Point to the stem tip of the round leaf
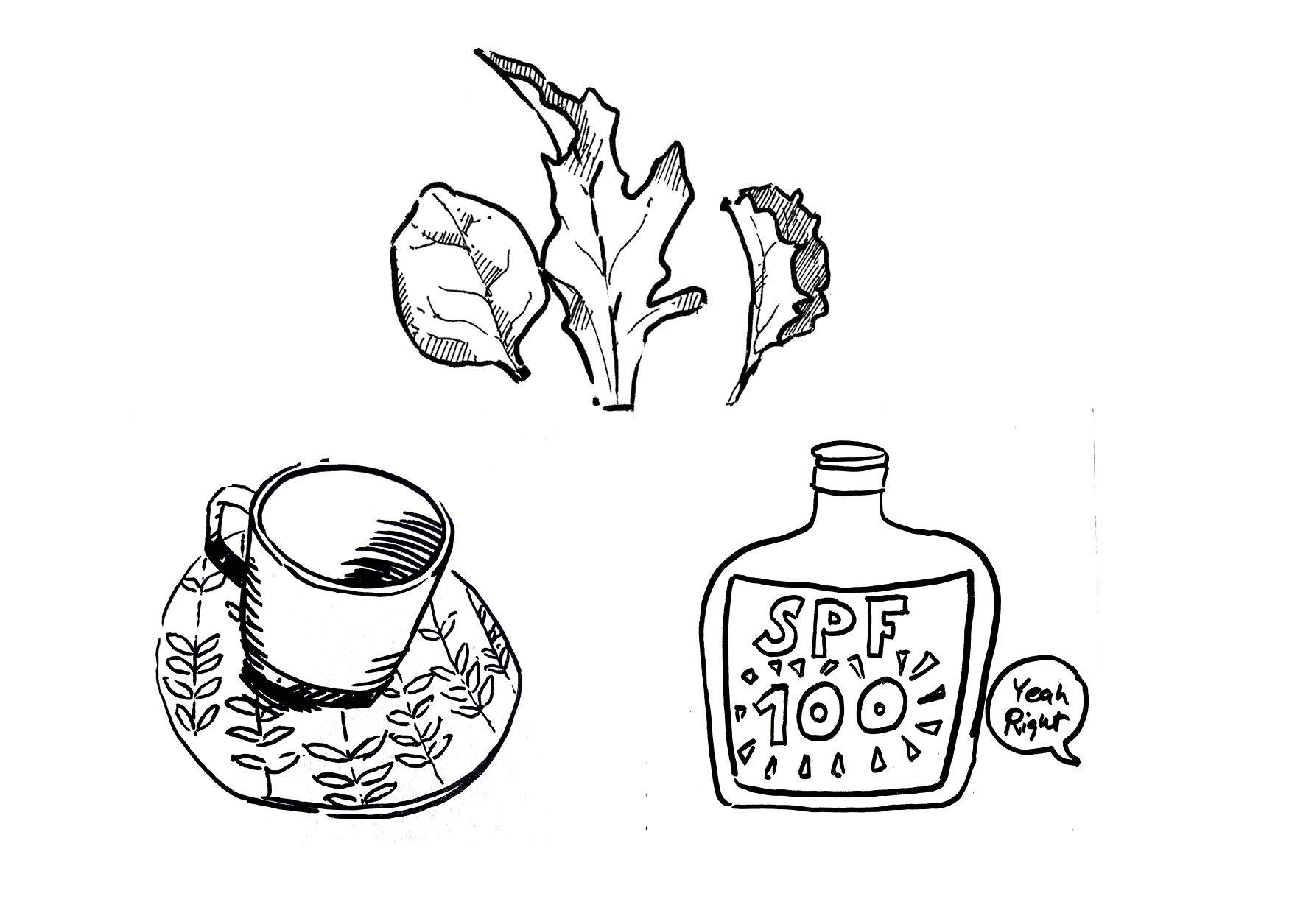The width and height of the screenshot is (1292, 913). pyautogui.click(x=525, y=377)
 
